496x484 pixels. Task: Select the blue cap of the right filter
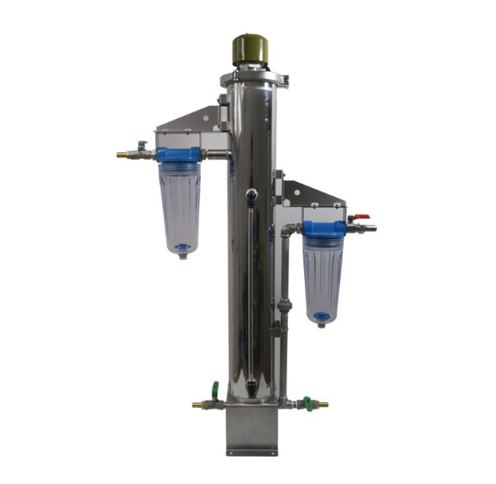(323, 229)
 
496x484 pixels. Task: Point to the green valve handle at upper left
(143, 145)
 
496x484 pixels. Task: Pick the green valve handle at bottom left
(214, 389)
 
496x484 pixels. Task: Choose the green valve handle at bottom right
(307, 403)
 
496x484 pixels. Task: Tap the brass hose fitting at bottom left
(198, 405)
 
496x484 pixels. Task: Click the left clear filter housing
(179, 207)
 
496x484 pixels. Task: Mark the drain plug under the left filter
(182, 256)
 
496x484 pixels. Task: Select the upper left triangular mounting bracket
(192, 122)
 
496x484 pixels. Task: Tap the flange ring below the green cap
(253, 79)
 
